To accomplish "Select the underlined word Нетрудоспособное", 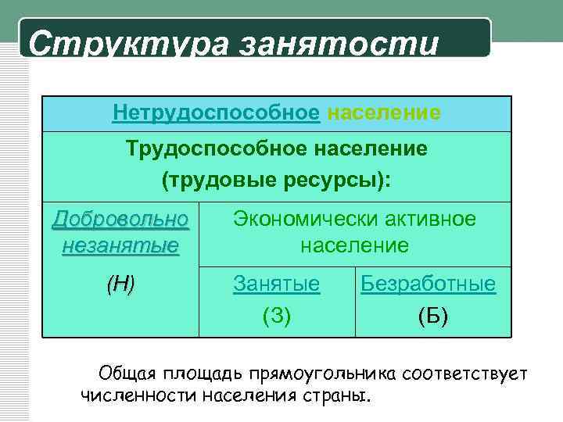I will pyautogui.click(x=216, y=114).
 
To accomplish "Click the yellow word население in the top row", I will pyautogui.click(x=384, y=114).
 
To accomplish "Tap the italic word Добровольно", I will pyautogui.click(x=120, y=220).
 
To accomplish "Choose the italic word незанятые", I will pyautogui.click(x=120, y=246).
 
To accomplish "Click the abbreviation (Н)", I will pyautogui.click(x=120, y=284).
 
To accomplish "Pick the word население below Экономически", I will pyautogui.click(x=355, y=246).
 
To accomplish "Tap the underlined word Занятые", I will pyautogui.click(x=277, y=284).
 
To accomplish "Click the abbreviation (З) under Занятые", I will pyautogui.click(x=277, y=315).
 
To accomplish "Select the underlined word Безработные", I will pyautogui.click(x=428, y=284).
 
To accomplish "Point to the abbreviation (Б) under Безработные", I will pyautogui.click(x=433, y=315).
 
